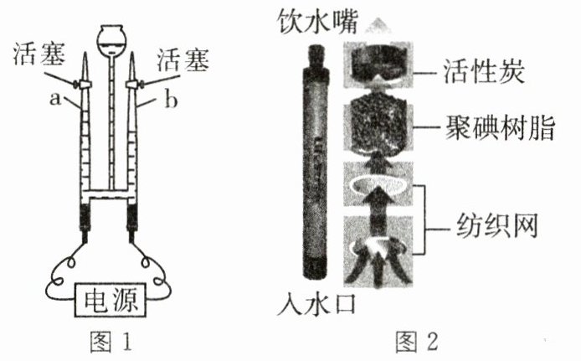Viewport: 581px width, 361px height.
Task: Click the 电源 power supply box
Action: click(109, 298)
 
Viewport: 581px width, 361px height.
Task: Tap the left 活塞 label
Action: click(39, 58)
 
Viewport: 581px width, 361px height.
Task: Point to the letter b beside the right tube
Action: click(171, 101)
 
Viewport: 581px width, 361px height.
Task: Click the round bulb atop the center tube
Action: click(111, 38)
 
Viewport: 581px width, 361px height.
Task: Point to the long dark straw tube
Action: click(318, 163)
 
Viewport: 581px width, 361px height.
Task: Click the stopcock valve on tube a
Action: click(85, 84)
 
